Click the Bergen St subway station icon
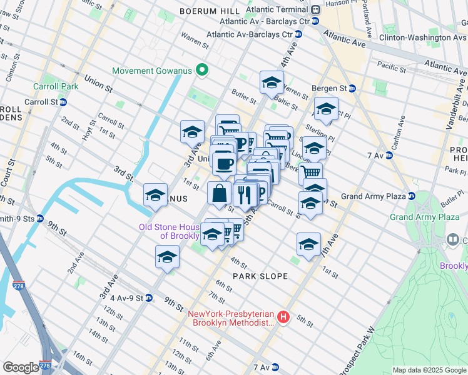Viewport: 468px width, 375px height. [x=352, y=89]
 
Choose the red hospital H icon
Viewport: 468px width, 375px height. [x=283, y=318]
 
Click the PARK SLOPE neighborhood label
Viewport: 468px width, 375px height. [x=260, y=276]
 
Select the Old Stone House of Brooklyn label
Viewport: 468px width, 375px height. [x=169, y=231]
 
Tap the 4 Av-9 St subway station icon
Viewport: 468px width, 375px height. [x=148, y=297]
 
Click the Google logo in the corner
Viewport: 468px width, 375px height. [x=21, y=367]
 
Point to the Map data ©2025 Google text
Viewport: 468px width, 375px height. [x=429, y=370]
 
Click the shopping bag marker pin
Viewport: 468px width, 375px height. [x=220, y=194]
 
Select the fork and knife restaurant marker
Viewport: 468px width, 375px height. [x=245, y=194]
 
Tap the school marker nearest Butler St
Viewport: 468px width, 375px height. [x=272, y=82]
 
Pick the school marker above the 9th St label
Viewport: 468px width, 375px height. [x=167, y=256]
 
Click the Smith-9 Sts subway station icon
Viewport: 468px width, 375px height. [x=41, y=219]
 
